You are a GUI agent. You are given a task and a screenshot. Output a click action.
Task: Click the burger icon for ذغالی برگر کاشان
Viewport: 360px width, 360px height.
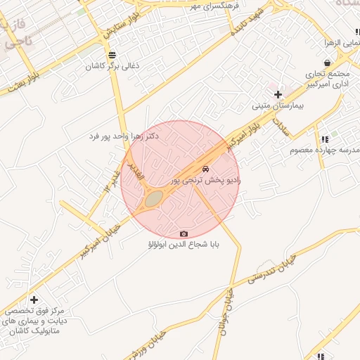click(x=112, y=56)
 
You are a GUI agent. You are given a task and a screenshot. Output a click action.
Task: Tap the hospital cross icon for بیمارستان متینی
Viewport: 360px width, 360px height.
click(x=278, y=94)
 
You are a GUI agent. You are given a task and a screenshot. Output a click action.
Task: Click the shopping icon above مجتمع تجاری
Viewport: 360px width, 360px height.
click(x=328, y=63)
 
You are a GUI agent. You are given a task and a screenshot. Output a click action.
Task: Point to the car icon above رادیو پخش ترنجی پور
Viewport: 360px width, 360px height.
click(x=205, y=169)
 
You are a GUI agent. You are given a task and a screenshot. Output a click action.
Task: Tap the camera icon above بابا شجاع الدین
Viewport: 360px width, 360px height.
click(x=184, y=233)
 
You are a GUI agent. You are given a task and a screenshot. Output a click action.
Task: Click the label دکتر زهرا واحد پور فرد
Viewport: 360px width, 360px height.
click(x=125, y=135)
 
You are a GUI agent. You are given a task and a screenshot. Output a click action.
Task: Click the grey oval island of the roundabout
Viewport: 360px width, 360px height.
click(x=154, y=200)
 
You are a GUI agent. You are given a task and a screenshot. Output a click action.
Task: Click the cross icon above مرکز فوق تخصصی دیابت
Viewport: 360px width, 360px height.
click(x=34, y=300)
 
